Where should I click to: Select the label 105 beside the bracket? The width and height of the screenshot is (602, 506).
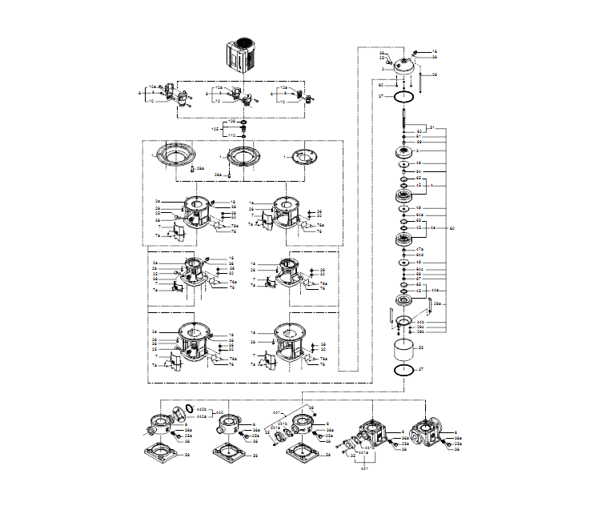click(215, 128)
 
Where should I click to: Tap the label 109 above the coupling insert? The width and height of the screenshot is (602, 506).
click(232, 121)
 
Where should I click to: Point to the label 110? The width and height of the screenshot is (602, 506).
click(232, 135)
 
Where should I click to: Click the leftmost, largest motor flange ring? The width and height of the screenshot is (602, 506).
click(175, 155)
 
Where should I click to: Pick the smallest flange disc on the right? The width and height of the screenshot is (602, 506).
click(307, 157)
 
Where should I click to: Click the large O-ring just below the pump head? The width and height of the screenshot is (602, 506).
click(406, 96)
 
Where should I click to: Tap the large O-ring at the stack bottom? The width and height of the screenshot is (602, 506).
click(406, 371)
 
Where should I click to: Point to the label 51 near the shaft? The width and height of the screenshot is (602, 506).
click(431, 128)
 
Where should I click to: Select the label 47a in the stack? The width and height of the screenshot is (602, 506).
click(419, 250)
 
